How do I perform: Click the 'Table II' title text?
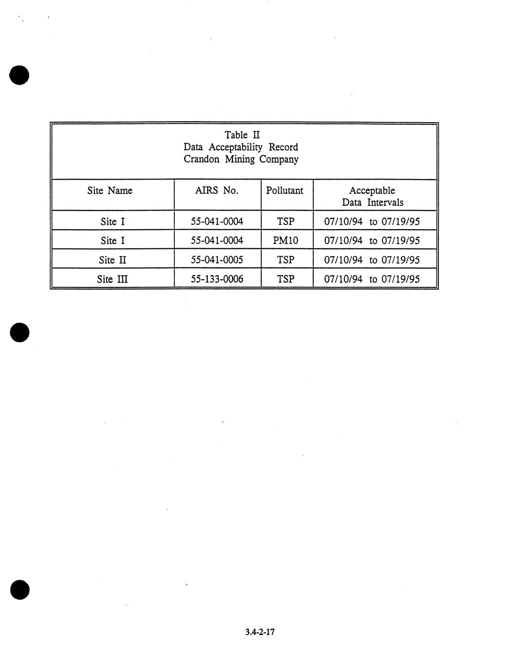point(242,135)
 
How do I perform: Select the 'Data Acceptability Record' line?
point(241,147)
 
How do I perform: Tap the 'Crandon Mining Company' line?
point(241,159)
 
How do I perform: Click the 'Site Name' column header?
point(109,191)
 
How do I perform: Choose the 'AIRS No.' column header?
point(216,191)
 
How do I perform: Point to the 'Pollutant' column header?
point(285,191)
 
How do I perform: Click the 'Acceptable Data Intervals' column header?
point(372,196)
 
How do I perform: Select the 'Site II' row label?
point(113,260)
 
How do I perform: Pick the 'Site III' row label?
point(112,279)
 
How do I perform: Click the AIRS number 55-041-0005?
point(217,260)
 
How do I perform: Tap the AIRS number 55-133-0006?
point(217,279)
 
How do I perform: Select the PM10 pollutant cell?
point(286,241)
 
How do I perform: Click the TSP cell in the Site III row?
point(286,279)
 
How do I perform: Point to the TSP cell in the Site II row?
point(286,260)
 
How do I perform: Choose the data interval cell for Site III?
point(372,279)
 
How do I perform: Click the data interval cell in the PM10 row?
point(372,241)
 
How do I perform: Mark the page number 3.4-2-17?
point(260,632)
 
